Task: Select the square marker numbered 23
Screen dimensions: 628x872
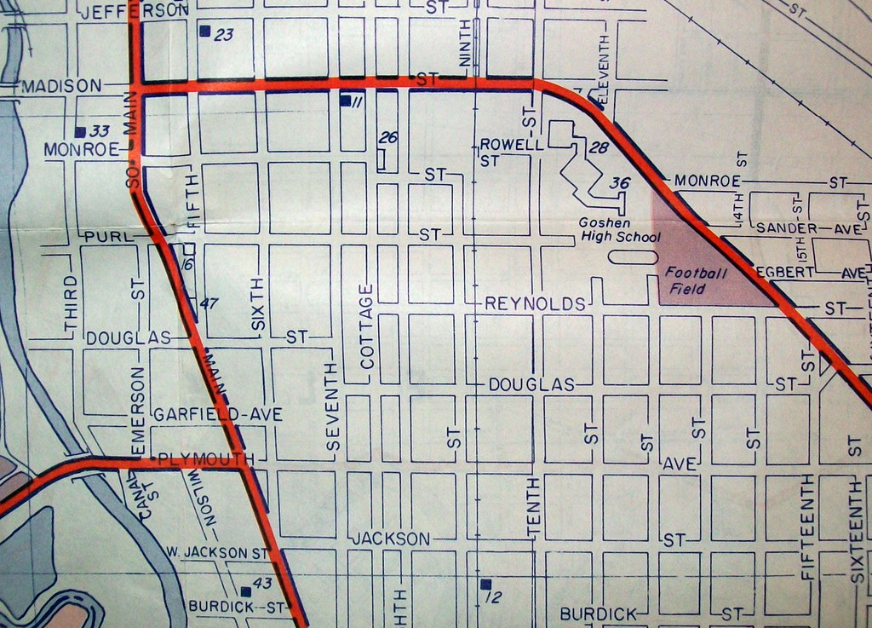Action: point(204,32)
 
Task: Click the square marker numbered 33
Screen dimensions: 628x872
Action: point(80,132)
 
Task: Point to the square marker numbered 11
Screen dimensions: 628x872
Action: point(345,101)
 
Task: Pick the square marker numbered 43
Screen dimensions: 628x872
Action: point(246,591)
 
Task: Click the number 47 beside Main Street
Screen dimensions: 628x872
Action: point(209,303)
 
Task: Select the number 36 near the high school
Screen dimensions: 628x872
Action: point(620,183)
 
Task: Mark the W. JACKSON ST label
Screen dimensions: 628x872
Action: point(217,552)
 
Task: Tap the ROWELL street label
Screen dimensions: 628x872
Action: point(512,144)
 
